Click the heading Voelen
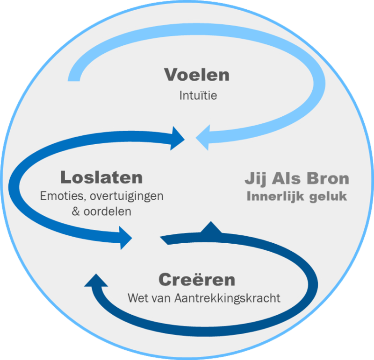coord(197,75)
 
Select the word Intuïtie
coord(198,96)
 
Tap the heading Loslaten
coord(101,177)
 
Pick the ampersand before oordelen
coord(76,211)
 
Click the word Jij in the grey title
coord(255,179)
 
